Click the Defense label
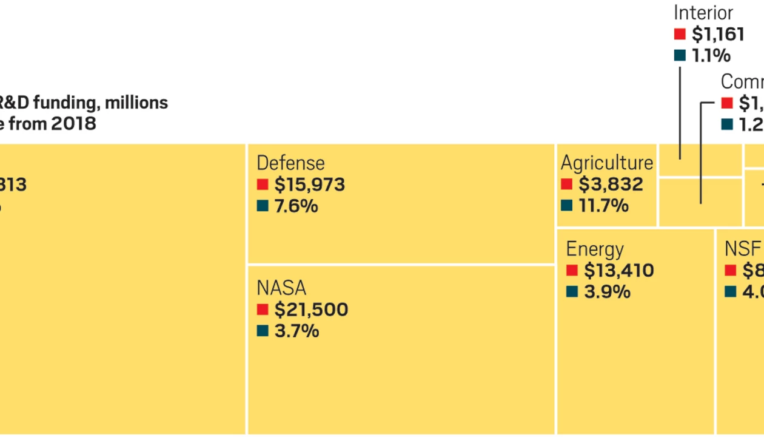(x=290, y=163)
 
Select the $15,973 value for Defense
(x=309, y=185)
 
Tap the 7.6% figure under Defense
(x=296, y=206)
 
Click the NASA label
(x=281, y=288)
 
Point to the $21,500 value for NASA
(x=311, y=310)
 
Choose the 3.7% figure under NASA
(x=297, y=331)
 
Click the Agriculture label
(x=606, y=163)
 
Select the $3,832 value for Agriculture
(x=609, y=185)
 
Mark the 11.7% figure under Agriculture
(x=603, y=206)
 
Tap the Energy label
(x=594, y=249)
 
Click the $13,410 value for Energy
(x=618, y=271)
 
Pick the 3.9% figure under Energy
(x=607, y=292)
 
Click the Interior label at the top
(x=703, y=13)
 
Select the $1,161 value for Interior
(x=718, y=34)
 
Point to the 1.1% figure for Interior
(x=711, y=56)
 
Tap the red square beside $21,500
(x=263, y=310)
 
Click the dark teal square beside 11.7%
(x=566, y=206)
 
